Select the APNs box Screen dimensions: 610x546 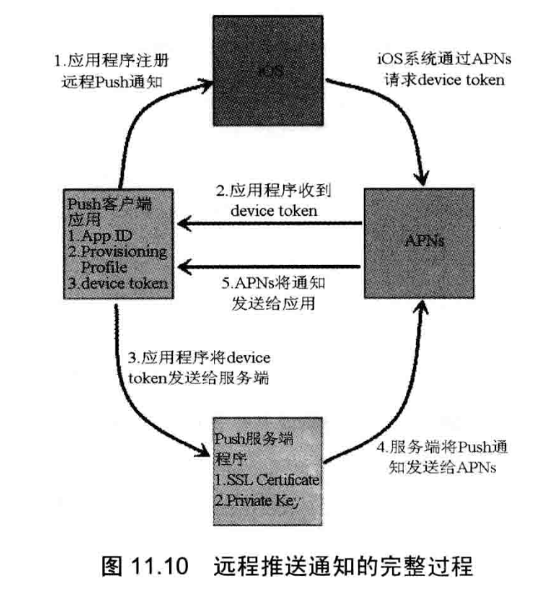418,242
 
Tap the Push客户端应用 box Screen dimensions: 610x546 117,242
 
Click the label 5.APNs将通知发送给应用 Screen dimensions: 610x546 272,292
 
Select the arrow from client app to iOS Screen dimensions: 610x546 146,125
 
